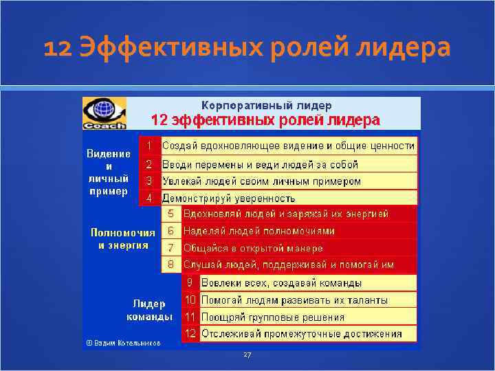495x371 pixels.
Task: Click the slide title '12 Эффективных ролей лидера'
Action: (x=247, y=48)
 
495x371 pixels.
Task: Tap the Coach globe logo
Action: (x=104, y=113)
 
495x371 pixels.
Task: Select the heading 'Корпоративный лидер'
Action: (x=266, y=105)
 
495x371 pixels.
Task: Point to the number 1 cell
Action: (x=148, y=146)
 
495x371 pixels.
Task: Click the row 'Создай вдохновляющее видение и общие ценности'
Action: (x=289, y=146)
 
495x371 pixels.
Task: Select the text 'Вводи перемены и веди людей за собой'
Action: (x=261, y=164)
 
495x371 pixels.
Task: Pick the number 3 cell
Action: (x=148, y=181)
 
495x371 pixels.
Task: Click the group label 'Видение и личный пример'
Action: (x=109, y=172)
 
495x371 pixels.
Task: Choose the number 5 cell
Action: (x=171, y=214)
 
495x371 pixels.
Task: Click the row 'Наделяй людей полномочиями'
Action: (x=259, y=231)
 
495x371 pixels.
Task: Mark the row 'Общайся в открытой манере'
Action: (x=253, y=248)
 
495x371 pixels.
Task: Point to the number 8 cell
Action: (x=171, y=265)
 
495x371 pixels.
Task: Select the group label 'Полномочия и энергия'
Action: (x=123, y=239)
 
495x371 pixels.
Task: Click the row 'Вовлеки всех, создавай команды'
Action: (x=281, y=282)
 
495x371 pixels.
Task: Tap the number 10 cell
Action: (x=190, y=300)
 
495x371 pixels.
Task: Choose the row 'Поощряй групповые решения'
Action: (x=272, y=317)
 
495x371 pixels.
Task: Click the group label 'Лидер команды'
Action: (x=149, y=310)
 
